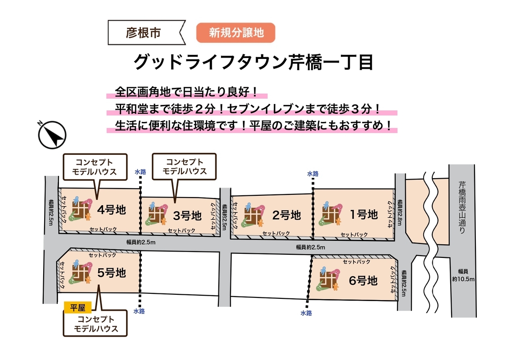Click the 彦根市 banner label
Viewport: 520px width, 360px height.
click(144, 33)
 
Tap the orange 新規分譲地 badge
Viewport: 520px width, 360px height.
click(235, 33)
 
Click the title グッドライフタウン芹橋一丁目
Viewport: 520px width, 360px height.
click(254, 62)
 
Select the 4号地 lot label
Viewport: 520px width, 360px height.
click(111, 209)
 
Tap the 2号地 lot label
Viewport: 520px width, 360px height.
click(287, 215)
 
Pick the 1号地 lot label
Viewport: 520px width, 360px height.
click(364, 214)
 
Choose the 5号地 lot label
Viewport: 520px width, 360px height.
click(111, 273)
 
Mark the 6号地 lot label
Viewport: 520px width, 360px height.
click(363, 281)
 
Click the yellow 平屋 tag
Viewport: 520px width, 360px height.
click(78, 308)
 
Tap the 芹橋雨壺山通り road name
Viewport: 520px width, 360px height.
click(462, 207)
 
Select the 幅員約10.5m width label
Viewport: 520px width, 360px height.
click(463, 274)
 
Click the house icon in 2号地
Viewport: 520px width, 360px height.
click(253, 215)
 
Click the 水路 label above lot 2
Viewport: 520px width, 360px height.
click(313, 173)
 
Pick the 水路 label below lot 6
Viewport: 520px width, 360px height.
click(306, 313)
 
